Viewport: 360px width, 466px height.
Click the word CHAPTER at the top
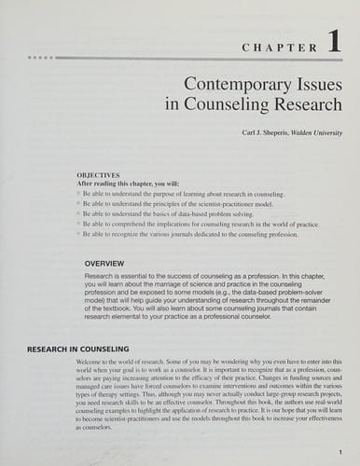coord(277,46)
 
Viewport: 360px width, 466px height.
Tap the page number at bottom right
coord(340,452)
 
